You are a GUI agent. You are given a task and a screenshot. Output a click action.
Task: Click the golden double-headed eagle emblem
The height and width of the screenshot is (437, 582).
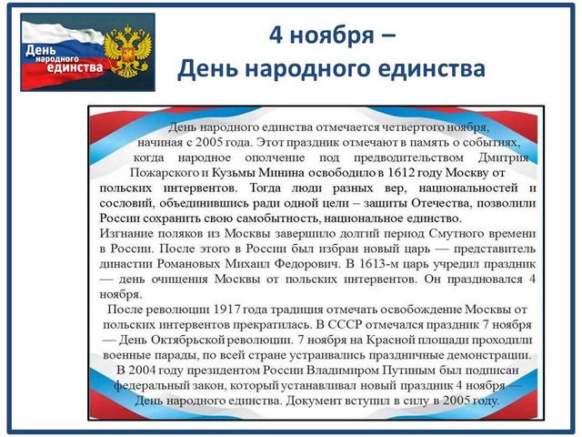pos(127,51)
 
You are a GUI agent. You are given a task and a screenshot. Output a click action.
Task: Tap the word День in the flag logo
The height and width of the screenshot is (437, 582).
pos(40,49)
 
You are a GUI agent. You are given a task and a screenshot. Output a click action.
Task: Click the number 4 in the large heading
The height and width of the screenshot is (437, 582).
pos(276,36)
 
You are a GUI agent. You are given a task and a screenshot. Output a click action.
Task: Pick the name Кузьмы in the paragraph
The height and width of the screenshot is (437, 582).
pos(234,173)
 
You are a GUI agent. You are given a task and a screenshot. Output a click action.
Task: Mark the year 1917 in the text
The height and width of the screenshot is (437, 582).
pos(228,310)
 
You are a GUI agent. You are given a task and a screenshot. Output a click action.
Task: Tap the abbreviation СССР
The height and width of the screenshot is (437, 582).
pos(345,325)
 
